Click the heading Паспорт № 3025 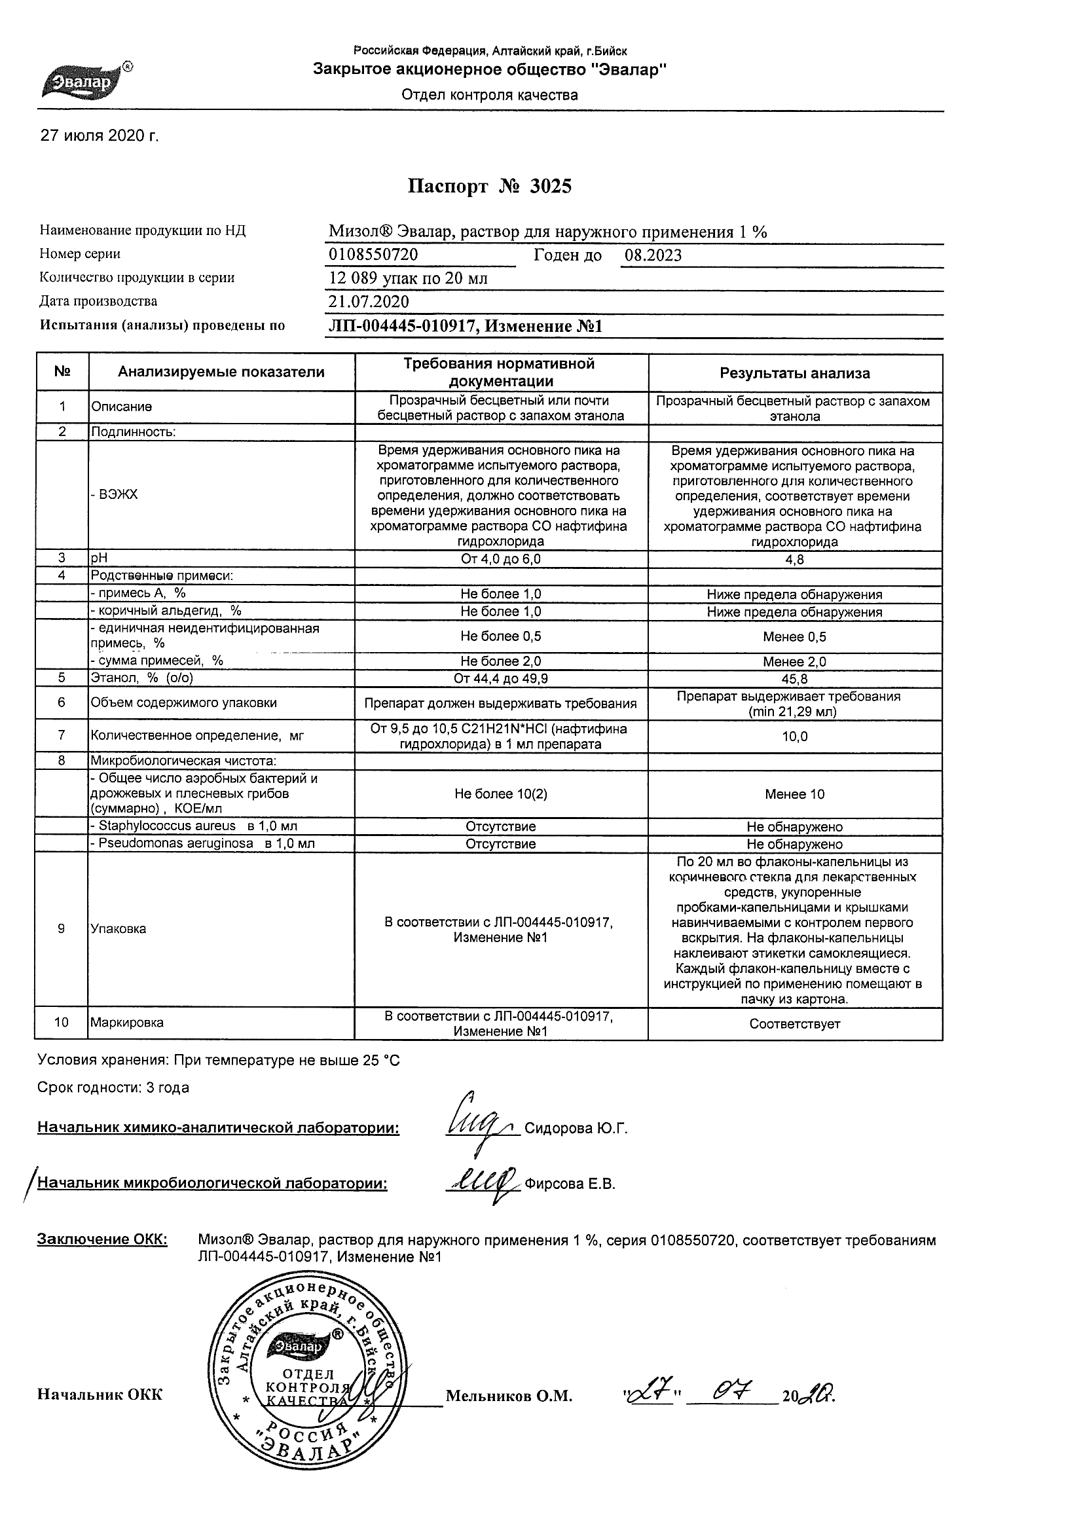tap(490, 187)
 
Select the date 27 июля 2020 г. tap(100, 136)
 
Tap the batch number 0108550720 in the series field tap(374, 255)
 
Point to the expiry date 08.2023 tap(653, 255)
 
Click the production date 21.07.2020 tap(369, 302)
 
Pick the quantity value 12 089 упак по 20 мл tap(409, 278)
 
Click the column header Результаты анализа tap(794, 374)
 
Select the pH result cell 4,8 tap(795, 560)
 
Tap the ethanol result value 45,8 tap(795, 680)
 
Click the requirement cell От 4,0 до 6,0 tap(500, 559)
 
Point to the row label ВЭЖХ tap(115, 494)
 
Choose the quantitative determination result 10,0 tap(795, 737)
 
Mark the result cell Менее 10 tap(795, 794)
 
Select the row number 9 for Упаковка tap(62, 928)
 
